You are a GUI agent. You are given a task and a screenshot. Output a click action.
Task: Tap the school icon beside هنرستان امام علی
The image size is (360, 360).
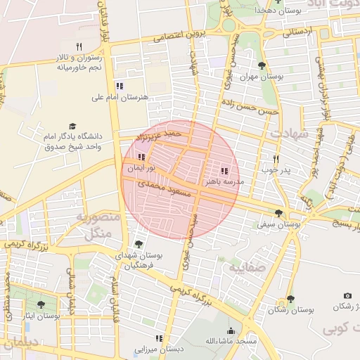(120, 86)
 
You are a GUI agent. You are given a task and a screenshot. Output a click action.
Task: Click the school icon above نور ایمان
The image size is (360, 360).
(141, 157)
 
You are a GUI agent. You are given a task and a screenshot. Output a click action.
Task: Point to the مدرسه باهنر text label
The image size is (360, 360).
(223, 181)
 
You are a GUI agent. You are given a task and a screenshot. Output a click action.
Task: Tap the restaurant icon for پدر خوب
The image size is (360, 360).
(276, 159)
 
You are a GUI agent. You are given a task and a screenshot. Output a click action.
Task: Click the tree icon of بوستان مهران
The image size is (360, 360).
(262, 66)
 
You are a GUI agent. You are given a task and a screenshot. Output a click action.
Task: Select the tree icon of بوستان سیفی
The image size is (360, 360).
(279, 213)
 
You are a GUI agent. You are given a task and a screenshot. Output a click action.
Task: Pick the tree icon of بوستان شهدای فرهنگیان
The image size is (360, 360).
(139, 245)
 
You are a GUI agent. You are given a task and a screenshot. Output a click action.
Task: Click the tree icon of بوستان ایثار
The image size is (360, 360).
(40, 304)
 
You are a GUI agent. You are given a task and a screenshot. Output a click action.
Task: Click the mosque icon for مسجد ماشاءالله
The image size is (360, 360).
(231, 330)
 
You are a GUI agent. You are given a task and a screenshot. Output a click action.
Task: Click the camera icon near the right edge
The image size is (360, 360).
(347, 296)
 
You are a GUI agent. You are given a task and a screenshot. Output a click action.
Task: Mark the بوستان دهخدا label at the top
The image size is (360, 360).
(260, 11)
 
